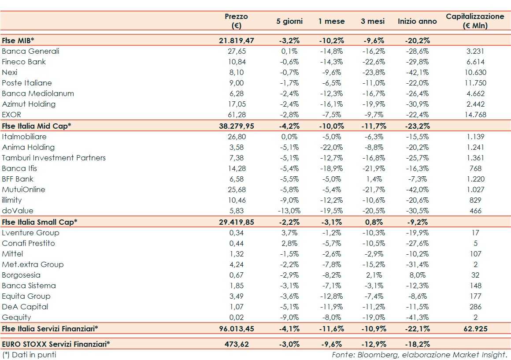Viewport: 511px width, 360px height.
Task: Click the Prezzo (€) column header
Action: pyautogui.click(x=236, y=21)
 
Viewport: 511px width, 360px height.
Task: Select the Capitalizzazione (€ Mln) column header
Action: pyautogui.click(x=475, y=21)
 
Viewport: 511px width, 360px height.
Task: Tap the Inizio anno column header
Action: pyautogui.click(x=417, y=21)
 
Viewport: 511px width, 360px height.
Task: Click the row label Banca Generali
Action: pyautogui.click(x=30, y=51)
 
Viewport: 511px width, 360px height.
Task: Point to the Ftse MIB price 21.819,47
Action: pyautogui.click(x=237, y=41)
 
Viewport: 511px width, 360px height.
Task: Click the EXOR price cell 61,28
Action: pyautogui.click(x=237, y=115)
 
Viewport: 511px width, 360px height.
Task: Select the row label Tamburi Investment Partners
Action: pyautogui.click(x=54, y=158)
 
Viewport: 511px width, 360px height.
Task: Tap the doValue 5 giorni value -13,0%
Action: pyautogui.click(x=289, y=211)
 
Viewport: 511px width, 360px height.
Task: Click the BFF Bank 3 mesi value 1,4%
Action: pyautogui.click(x=373, y=179)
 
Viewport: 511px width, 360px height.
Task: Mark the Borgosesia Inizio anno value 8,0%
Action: pyautogui.click(x=417, y=275)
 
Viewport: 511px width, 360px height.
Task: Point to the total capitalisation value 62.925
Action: pyautogui.click(x=475, y=328)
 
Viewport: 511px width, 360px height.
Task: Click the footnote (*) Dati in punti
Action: pyautogui.click(x=29, y=354)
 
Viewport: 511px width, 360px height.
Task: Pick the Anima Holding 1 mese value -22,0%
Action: pyautogui.click(x=331, y=147)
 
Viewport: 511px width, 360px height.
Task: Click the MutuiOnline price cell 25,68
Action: pyautogui.click(x=237, y=189)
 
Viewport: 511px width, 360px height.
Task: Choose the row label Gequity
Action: pyautogui.click(x=16, y=317)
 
